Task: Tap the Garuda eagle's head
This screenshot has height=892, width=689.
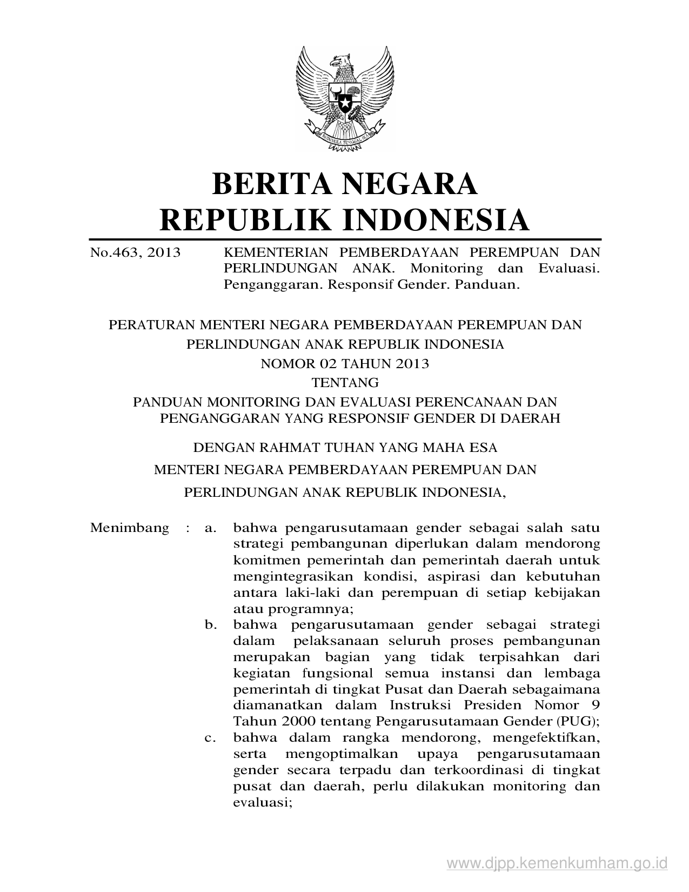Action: tap(342, 61)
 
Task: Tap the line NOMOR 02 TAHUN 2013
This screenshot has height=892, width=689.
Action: tap(345, 364)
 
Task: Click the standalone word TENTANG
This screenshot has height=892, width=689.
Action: tap(345, 383)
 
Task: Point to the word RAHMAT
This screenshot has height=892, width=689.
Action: tap(287, 447)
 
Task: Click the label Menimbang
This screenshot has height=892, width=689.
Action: tap(130, 528)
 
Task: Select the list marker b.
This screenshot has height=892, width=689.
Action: tap(211, 625)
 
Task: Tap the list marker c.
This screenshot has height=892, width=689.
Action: tap(211, 738)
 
